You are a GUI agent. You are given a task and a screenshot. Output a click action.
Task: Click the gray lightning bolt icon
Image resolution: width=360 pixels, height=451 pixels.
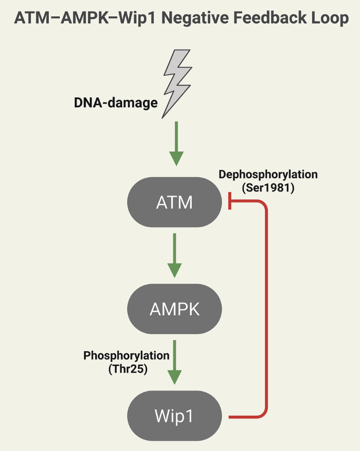[x=176, y=85]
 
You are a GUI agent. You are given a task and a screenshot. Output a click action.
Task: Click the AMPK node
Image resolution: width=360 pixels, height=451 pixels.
[x=175, y=309]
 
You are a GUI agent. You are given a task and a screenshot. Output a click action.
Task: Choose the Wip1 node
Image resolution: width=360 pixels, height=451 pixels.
[x=175, y=416]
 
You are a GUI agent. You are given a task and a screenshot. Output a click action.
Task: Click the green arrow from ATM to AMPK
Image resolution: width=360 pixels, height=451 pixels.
[x=175, y=255]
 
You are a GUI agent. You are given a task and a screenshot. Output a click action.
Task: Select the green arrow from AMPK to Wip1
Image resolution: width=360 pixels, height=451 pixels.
[x=175, y=363]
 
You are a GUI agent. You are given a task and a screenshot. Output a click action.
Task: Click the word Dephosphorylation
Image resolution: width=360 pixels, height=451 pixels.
[x=269, y=174]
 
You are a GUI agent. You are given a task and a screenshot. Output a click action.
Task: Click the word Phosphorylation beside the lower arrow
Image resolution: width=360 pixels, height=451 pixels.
[x=127, y=356]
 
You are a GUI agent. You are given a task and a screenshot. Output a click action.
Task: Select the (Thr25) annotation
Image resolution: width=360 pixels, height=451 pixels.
[x=127, y=368]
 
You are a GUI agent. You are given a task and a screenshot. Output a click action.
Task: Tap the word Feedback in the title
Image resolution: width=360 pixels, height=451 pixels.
[x=282, y=18]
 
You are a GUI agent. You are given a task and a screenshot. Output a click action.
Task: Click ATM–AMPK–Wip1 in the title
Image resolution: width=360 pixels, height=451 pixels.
[x=85, y=18]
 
